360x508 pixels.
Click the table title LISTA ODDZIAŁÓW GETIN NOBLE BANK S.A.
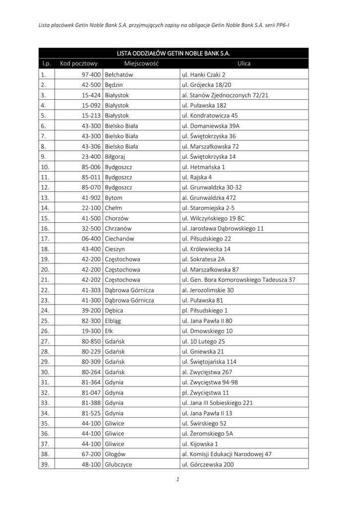[x=173, y=53]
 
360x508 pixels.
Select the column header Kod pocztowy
[x=78, y=63]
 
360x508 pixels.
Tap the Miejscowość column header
[x=141, y=63]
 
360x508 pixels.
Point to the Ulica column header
[x=244, y=63]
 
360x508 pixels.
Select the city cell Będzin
[x=114, y=85]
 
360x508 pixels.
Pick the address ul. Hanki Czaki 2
[x=204, y=74]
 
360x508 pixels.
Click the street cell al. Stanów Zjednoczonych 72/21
[x=225, y=95]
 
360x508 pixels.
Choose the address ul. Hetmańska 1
[x=204, y=167]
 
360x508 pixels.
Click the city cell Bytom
[x=114, y=198]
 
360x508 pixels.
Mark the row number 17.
[x=45, y=239]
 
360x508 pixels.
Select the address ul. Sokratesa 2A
[x=204, y=259]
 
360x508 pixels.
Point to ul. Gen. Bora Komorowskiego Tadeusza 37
[x=239, y=280]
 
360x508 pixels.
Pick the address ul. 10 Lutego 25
[x=204, y=341]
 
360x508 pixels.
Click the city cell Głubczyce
[x=119, y=464]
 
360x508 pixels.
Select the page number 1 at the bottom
[x=177, y=479]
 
